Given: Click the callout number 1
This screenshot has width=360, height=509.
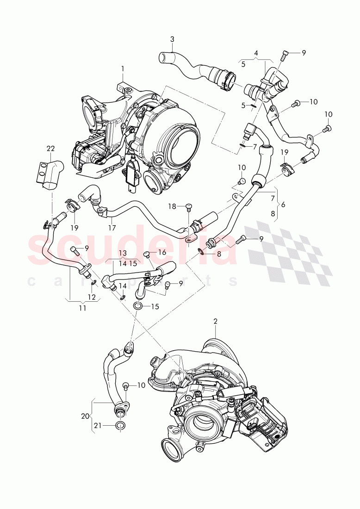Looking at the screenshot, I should point(123,68).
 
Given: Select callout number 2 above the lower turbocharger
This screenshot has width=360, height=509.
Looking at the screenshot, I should point(215,321).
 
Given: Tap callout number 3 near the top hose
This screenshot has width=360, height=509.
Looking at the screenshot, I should point(172,39).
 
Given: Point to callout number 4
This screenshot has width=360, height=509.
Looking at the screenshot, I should point(256,53).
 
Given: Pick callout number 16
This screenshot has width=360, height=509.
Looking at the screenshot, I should point(162,253).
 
